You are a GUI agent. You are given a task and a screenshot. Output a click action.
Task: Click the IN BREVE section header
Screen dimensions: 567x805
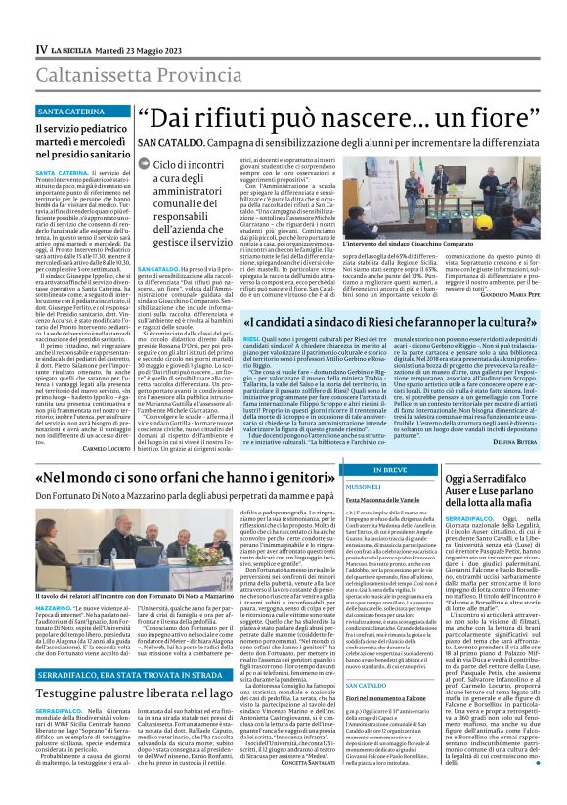[391, 470]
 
